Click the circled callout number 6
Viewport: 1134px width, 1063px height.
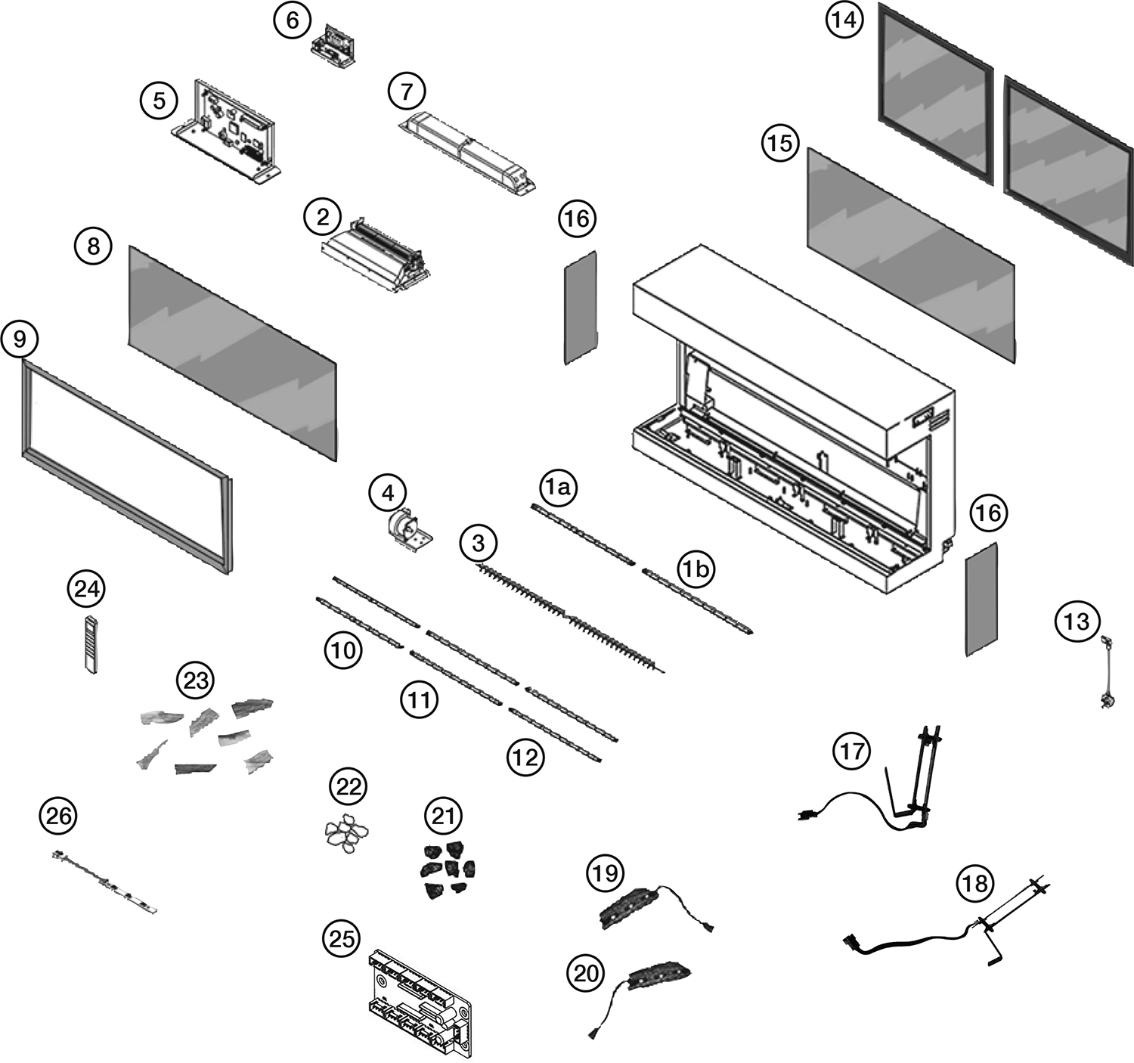coord(293,20)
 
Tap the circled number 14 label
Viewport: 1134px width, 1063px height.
coord(844,20)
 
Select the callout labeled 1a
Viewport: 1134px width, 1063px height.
coord(558,488)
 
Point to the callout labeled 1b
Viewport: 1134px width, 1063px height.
coord(696,569)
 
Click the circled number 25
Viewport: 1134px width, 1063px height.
coord(341,938)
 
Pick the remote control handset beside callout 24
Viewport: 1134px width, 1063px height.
coord(91,643)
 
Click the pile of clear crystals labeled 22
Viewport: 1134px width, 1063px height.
coord(345,833)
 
